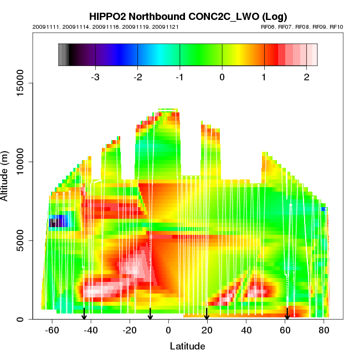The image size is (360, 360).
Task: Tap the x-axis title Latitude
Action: click(187, 346)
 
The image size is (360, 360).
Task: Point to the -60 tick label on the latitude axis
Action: click(52, 330)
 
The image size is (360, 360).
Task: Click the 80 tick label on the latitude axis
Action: click(323, 330)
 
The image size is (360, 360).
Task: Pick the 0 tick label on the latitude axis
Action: click(168, 330)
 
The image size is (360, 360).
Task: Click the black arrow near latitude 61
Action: click(287, 314)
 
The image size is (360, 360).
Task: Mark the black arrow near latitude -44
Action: click(84, 314)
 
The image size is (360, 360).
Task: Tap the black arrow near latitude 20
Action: click(207, 314)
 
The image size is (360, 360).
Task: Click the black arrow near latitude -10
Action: click(150, 314)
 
